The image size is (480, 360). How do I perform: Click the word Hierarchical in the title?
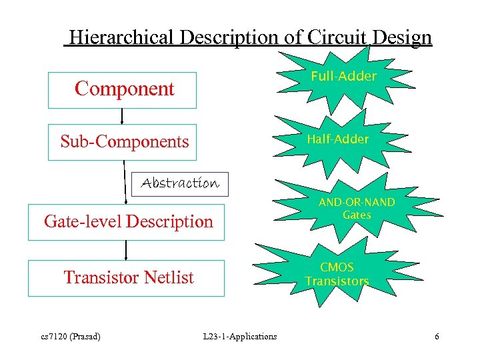[x=121, y=37]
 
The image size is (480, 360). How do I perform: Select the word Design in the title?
[x=399, y=37]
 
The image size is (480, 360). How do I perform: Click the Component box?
[x=123, y=90]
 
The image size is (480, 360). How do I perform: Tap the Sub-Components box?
[x=123, y=142]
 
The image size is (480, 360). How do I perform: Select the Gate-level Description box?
[x=127, y=221]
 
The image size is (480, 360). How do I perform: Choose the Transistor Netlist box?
[x=127, y=277]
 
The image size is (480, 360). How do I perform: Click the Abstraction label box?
[x=180, y=183]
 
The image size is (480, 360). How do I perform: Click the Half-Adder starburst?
[x=337, y=139]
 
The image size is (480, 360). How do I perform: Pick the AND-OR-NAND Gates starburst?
[x=357, y=208]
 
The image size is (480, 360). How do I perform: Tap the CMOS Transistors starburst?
[x=337, y=275]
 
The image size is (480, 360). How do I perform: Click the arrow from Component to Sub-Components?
[x=122, y=116]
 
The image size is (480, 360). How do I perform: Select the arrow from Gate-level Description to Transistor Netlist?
[x=126, y=250]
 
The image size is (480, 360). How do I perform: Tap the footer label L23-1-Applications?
[x=239, y=336]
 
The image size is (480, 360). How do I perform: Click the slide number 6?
[x=437, y=336]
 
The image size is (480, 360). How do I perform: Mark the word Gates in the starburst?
[x=357, y=215]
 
